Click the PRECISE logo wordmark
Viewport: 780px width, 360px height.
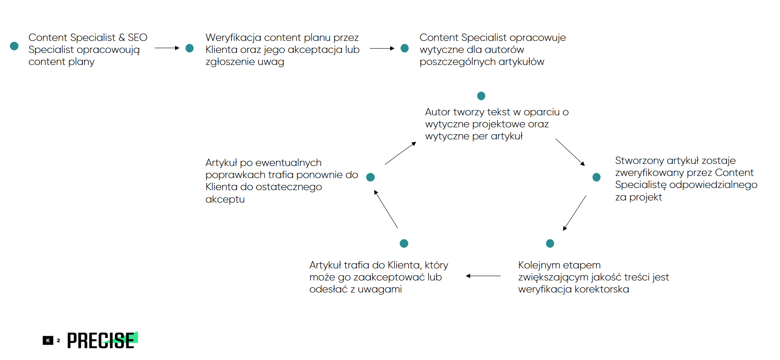(x=102, y=340)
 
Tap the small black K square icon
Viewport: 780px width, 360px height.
(x=48, y=341)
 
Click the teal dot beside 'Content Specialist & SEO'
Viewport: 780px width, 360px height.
(x=14, y=46)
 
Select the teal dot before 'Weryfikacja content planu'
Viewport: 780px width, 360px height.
(x=189, y=48)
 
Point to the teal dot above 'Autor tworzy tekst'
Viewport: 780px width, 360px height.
(x=481, y=96)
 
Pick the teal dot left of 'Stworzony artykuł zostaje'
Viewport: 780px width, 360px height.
(x=596, y=177)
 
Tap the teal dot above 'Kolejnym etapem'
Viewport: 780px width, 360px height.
(x=550, y=243)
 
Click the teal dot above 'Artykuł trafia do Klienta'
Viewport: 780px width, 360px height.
(x=404, y=243)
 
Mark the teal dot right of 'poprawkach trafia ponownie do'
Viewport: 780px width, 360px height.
(x=370, y=177)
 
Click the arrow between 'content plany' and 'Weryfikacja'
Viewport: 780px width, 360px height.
(x=167, y=48)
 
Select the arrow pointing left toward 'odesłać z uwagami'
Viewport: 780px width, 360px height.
(x=483, y=276)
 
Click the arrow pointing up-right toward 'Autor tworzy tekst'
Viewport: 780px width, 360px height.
(x=401, y=153)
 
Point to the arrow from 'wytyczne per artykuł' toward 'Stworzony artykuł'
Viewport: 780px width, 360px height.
(x=570, y=152)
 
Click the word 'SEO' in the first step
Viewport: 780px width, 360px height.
(x=137, y=38)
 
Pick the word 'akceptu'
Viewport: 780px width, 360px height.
(x=225, y=200)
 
